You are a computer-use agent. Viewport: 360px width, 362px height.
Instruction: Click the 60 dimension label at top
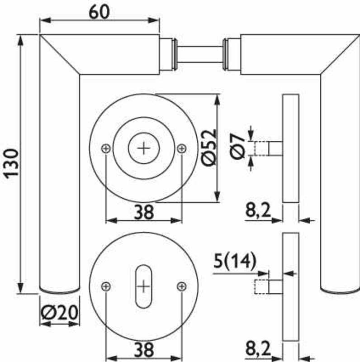pyautogui.click(x=99, y=12)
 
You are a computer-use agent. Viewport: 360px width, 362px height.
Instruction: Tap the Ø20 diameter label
pyautogui.click(x=60, y=312)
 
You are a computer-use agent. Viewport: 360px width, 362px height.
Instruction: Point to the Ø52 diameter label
pyautogui.click(x=209, y=148)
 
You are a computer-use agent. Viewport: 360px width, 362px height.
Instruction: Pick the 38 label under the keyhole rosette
pyautogui.click(x=144, y=349)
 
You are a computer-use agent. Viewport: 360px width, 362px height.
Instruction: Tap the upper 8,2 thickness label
pyautogui.click(x=258, y=210)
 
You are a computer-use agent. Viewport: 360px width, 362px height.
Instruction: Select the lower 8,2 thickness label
pyautogui.click(x=258, y=348)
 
